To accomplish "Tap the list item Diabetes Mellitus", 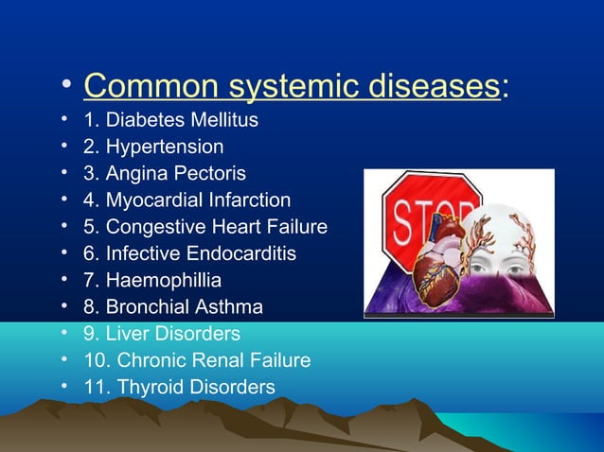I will pyautogui.click(x=182, y=120).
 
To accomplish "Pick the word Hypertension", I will pyautogui.click(x=165, y=147).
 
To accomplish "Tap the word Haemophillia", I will pyautogui.click(x=164, y=280).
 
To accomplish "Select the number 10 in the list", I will pyautogui.click(x=94, y=360).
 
